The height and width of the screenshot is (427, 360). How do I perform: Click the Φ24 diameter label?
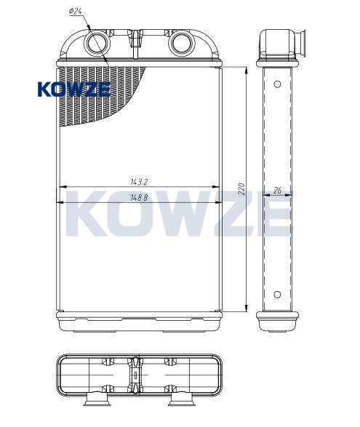click(x=76, y=11)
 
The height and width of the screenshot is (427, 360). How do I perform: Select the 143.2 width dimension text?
click(x=139, y=182)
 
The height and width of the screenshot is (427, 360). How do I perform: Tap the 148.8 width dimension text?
click(x=139, y=197)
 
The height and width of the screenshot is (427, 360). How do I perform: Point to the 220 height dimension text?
click(x=241, y=189)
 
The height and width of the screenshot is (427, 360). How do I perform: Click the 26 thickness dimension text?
click(x=277, y=190)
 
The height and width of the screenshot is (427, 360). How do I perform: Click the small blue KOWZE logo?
click(x=74, y=89)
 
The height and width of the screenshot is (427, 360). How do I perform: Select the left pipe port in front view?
click(x=97, y=43)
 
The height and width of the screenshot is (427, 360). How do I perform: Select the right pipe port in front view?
click(x=181, y=43)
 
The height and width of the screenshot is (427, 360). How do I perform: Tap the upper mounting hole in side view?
click(x=277, y=84)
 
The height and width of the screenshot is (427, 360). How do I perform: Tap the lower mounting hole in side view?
click(x=277, y=295)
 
